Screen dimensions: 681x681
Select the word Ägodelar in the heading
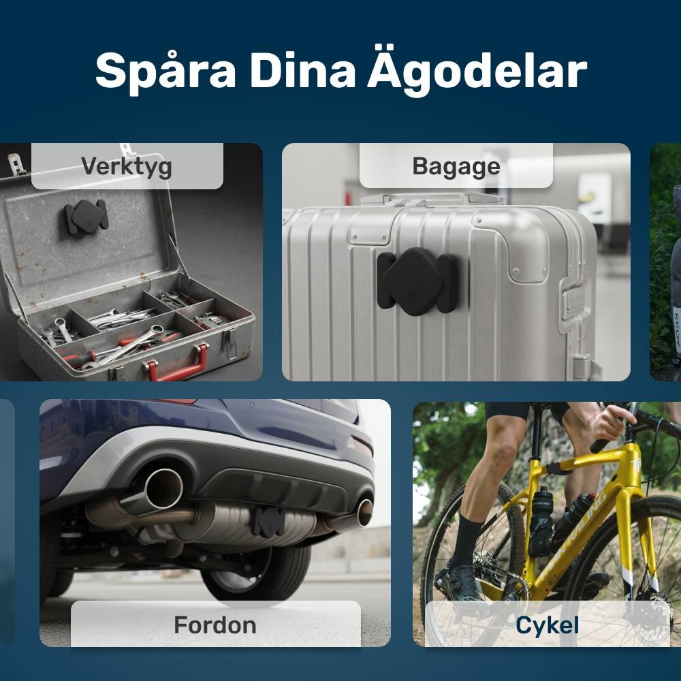coord(477,70)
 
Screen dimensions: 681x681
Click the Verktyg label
coord(127,167)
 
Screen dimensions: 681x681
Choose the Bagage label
coord(456,167)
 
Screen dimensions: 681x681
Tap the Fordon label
coord(215,625)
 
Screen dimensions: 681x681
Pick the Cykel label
coord(548,626)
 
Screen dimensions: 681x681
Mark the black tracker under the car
coord(268,522)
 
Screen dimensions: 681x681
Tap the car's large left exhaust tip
coord(163,488)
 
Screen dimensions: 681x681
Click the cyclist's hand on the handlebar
coord(607,422)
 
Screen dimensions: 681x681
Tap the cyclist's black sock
coord(467,540)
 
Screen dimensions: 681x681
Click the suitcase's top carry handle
coord(432,199)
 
